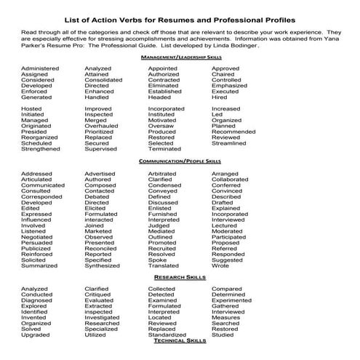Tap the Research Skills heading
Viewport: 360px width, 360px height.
[180, 277]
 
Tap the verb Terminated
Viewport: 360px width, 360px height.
[165, 149]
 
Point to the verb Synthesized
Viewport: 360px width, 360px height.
[103, 266]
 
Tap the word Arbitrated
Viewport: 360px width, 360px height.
[162, 174]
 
